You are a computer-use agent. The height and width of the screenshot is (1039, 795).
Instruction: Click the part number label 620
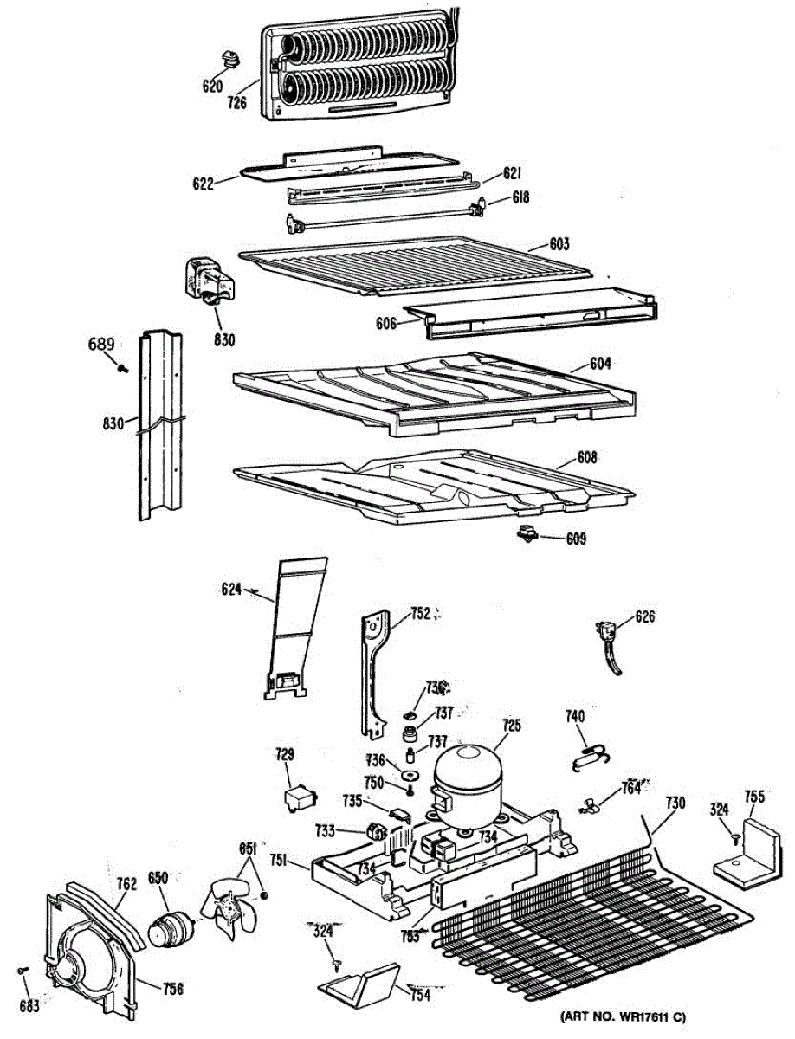[x=212, y=86]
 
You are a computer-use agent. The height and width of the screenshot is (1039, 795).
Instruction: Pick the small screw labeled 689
[x=123, y=369]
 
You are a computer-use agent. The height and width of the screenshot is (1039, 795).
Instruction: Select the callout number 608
[x=588, y=456]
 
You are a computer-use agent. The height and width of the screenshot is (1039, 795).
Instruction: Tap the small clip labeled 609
[x=526, y=535]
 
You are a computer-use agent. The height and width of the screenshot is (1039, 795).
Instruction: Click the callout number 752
[x=419, y=615]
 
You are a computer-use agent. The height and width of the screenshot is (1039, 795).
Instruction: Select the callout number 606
[x=387, y=323]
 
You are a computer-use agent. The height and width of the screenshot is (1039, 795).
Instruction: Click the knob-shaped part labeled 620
[x=230, y=60]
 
